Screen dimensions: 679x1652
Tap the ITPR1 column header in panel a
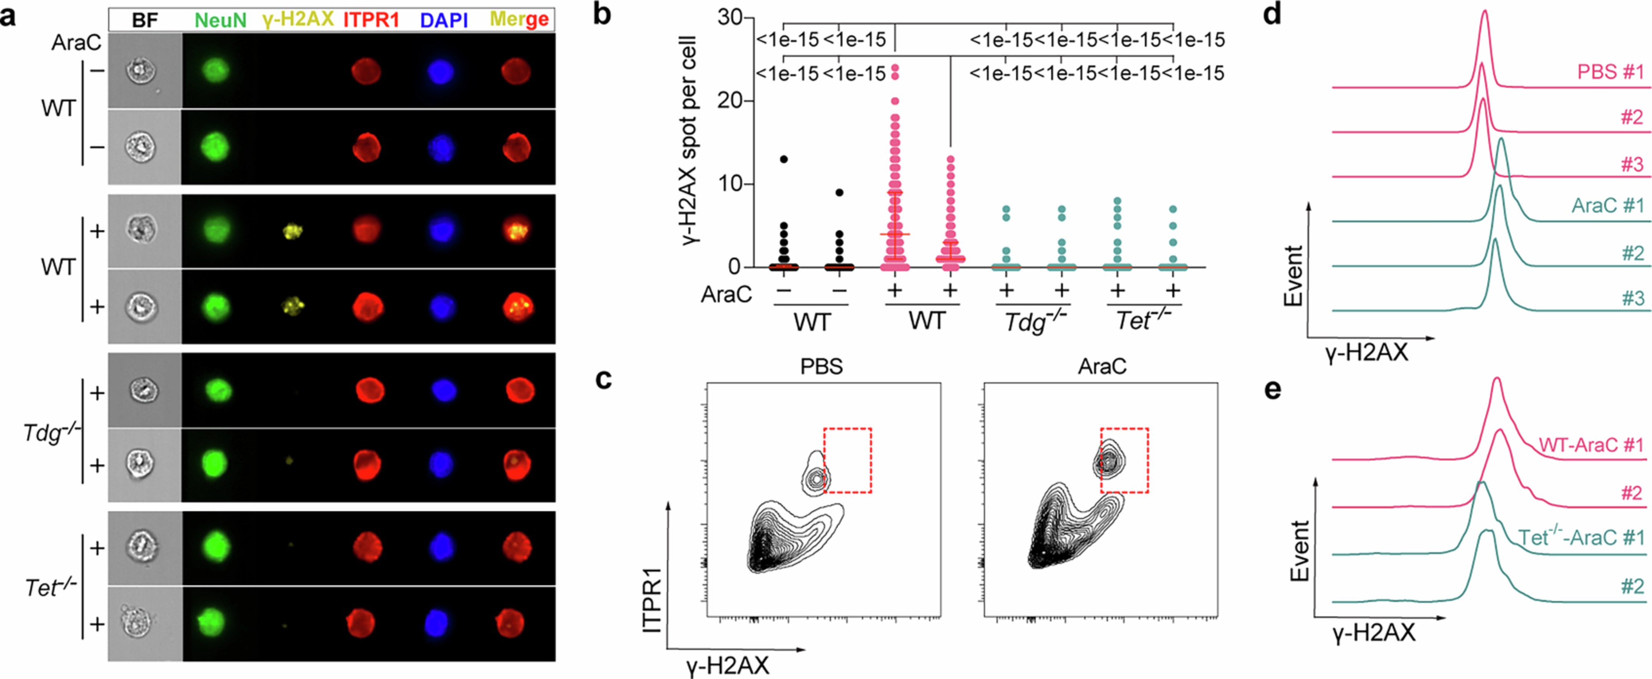tap(371, 20)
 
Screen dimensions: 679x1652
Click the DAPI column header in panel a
tap(444, 20)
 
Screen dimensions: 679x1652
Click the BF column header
tap(145, 20)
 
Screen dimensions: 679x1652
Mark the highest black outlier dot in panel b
tap(784, 159)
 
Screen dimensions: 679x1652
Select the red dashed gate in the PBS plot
tap(847, 460)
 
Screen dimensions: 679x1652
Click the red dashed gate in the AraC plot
tap(1124, 460)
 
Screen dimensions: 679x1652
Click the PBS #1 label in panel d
tap(1610, 71)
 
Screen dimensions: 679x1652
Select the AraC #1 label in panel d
tap(1607, 205)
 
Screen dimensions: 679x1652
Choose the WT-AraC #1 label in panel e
tap(1591, 445)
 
